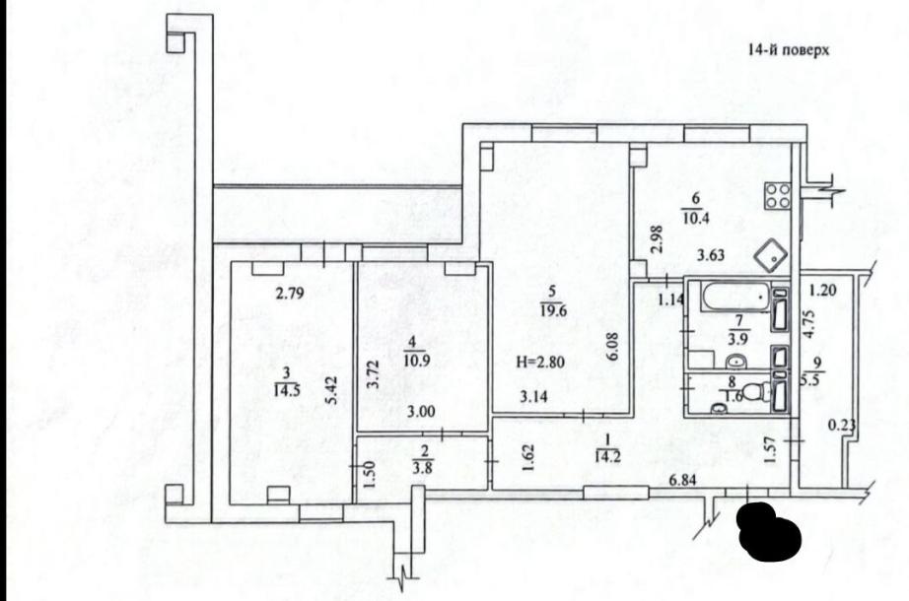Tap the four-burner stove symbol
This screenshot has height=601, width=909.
tap(777, 196)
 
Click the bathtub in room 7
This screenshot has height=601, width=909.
tap(731, 295)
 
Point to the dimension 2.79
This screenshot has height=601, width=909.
tap(289, 292)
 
